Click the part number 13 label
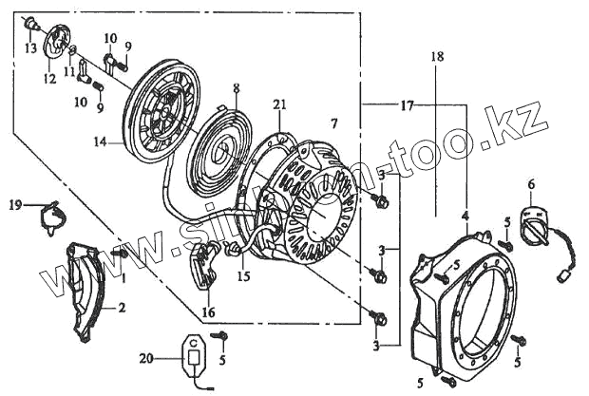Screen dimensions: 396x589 coord(30,47)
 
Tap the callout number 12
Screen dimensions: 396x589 coord(49,80)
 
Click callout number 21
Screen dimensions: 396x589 coord(278,104)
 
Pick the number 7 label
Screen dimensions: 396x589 coord(332,123)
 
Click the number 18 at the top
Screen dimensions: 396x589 coord(436,57)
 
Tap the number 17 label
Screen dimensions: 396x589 coord(406,104)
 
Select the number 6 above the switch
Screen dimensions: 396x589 coord(531,183)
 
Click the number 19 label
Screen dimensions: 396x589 coord(14,204)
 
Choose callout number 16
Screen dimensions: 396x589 coord(208,311)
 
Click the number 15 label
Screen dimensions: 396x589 coord(244,277)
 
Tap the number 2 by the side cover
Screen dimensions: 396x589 coord(121,308)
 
